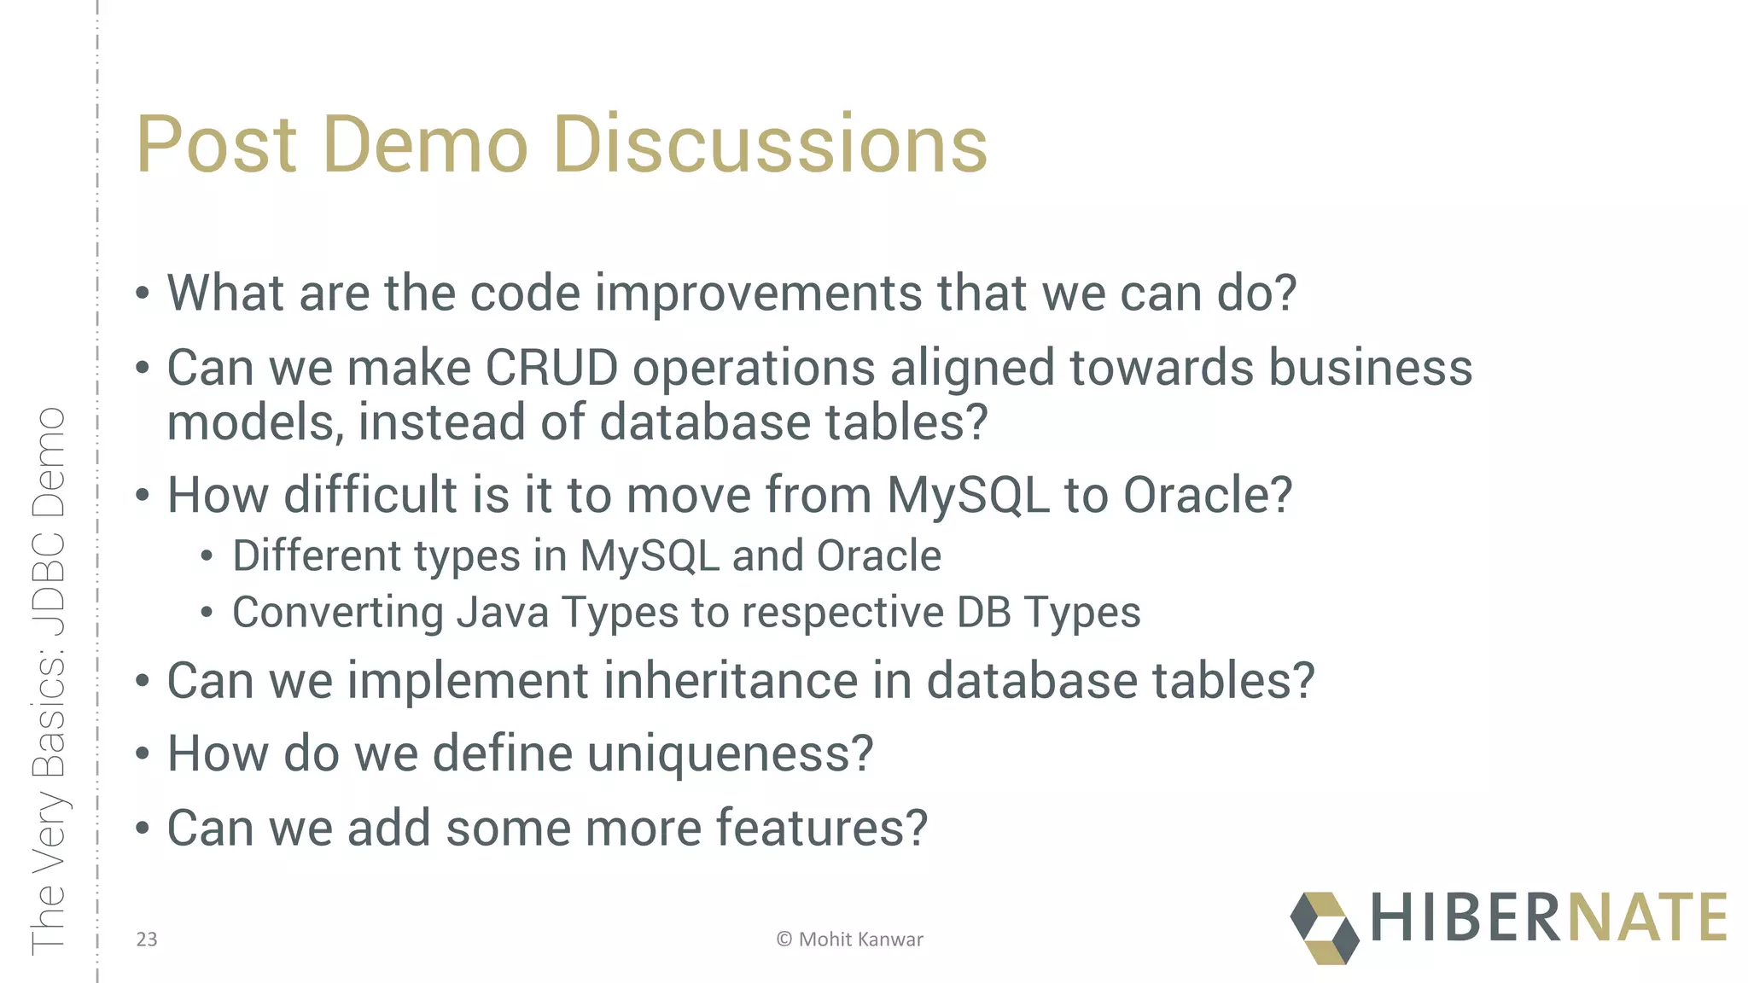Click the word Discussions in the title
click(770, 145)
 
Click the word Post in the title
click(217, 145)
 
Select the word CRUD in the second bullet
click(551, 369)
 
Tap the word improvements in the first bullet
click(758, 294)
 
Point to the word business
click(1371, 369)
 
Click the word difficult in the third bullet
click(371, 495)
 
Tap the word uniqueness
click(730, 754)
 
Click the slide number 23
click(147, 939)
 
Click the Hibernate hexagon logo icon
click(1324, 928)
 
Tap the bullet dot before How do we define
click(143, 754)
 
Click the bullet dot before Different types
click(207, 557)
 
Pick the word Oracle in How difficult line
click(1207, 495)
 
